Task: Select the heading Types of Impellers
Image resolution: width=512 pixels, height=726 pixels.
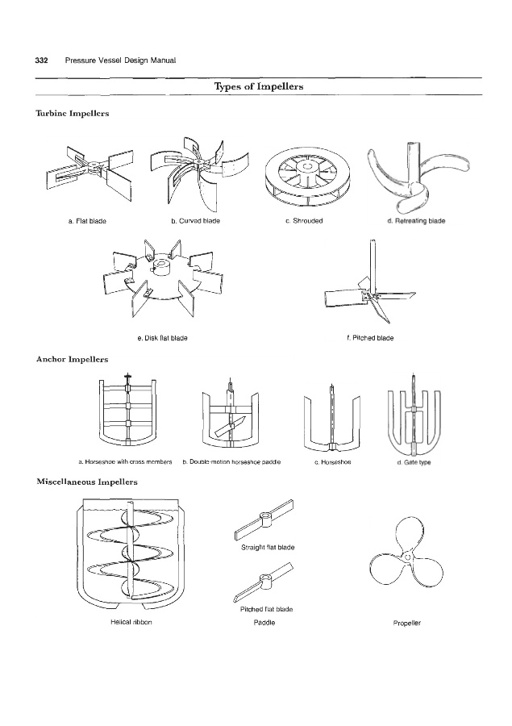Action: (258, 86)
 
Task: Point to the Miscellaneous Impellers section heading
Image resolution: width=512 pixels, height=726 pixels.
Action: (86, 482)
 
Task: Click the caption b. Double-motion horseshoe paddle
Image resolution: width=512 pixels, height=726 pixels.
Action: (231, 462)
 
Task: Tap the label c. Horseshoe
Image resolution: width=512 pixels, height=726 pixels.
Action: (331, 462)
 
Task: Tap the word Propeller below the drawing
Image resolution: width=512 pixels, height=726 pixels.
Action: (407, 623)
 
